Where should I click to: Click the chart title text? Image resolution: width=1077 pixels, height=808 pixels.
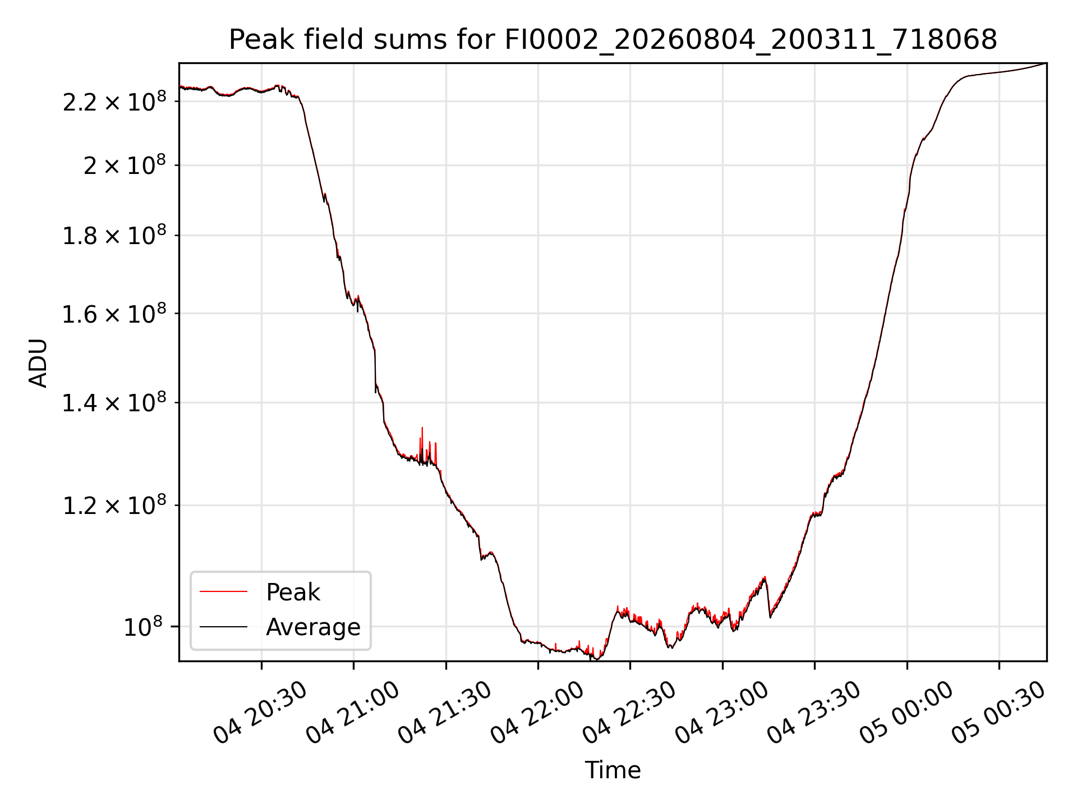click(613, 40)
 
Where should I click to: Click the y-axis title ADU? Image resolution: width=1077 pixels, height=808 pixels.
click(38, 363)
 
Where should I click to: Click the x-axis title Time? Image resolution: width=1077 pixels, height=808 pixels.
click(613, 770)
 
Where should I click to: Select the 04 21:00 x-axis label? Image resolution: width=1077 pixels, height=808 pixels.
click(353, 713)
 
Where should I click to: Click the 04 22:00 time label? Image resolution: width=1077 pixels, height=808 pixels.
click(537, 713)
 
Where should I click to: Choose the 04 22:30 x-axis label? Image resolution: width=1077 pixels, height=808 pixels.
click(629, 713)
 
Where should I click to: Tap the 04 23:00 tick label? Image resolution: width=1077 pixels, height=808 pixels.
click(722, 713)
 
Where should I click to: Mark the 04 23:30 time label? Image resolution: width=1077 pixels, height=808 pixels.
click(814, 713)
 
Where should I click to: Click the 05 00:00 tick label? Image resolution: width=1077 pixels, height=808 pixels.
click(906, 713)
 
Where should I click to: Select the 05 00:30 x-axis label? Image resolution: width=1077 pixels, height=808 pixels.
click(998, 713)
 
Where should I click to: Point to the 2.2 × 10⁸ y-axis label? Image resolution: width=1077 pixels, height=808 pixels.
click(114, 102)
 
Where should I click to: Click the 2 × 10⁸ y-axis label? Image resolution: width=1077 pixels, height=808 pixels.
click(125, 165)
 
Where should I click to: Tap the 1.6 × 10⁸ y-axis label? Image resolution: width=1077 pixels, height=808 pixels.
click(114, 314)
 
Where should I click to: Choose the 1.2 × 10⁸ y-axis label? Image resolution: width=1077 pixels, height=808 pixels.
click(114, 506)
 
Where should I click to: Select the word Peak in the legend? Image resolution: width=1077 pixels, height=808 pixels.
click(293, 592)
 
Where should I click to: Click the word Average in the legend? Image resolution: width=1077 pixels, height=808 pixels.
click(313, 627)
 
